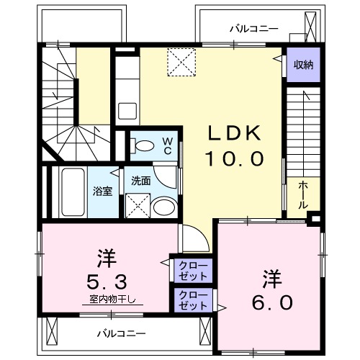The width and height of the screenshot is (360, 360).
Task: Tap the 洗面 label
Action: coord(140,181)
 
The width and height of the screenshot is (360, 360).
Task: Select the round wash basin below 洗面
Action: coord(163,208)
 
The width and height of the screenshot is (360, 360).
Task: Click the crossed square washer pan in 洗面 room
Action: coord(137,206)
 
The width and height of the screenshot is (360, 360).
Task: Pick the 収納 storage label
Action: coord(303,66)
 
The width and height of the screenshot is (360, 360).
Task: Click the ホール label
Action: coord(303,192)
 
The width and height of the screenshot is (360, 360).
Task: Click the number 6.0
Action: coord(271,302)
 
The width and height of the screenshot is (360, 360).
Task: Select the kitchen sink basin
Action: coord(127,112)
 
